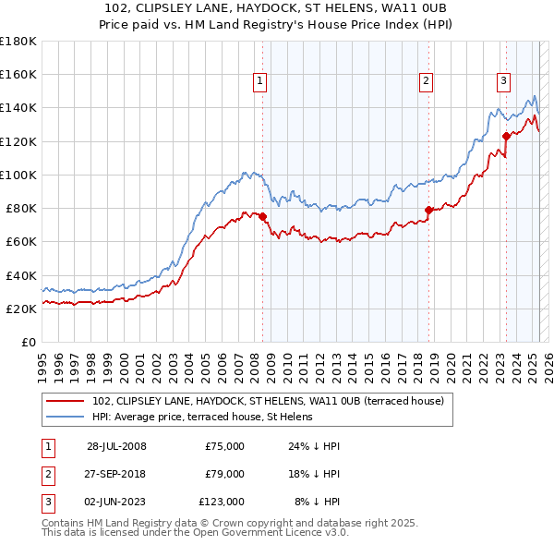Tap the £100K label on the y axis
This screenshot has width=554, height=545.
click(18, 175)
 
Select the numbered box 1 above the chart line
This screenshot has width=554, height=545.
click(259, 81)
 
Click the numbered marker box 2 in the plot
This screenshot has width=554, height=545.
click(426, 81)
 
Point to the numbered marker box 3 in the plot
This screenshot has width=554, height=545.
click(503, 81)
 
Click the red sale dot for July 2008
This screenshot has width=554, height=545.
click(263, 217)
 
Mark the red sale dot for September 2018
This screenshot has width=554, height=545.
click(428, 211)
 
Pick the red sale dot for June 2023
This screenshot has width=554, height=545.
click(506, 137)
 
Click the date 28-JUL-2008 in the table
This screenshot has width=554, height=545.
click(116, 446)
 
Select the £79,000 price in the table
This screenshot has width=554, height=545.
click(224, 474)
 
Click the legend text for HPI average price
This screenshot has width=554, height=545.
click(202, 417)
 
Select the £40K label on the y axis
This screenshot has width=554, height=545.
click(21, 275)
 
